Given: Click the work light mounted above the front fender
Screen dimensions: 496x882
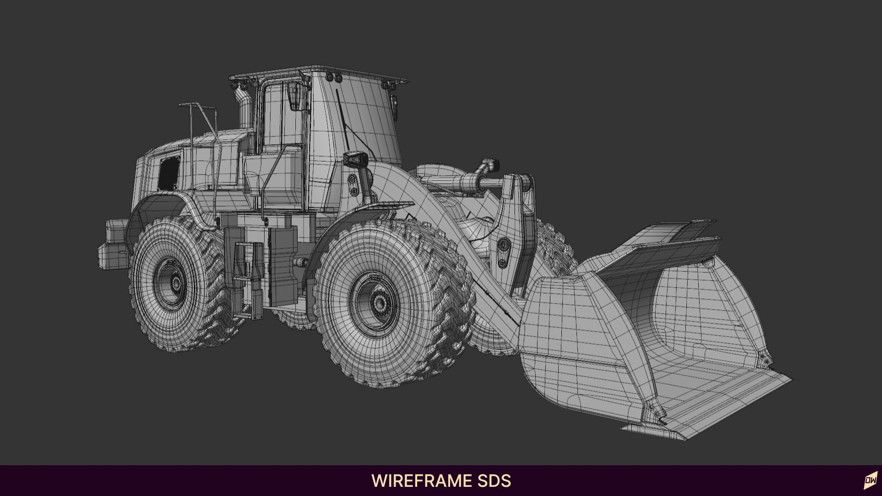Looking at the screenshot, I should [x=356, y=159].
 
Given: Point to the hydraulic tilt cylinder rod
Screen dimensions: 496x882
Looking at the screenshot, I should [x=491, y=183].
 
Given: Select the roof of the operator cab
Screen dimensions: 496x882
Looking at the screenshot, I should [x=322, y=74].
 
